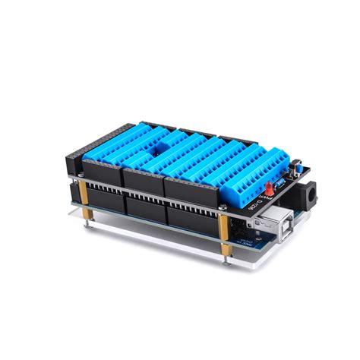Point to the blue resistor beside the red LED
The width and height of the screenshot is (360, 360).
coord(279,183)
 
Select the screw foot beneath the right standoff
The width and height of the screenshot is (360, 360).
coord(225,258)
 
